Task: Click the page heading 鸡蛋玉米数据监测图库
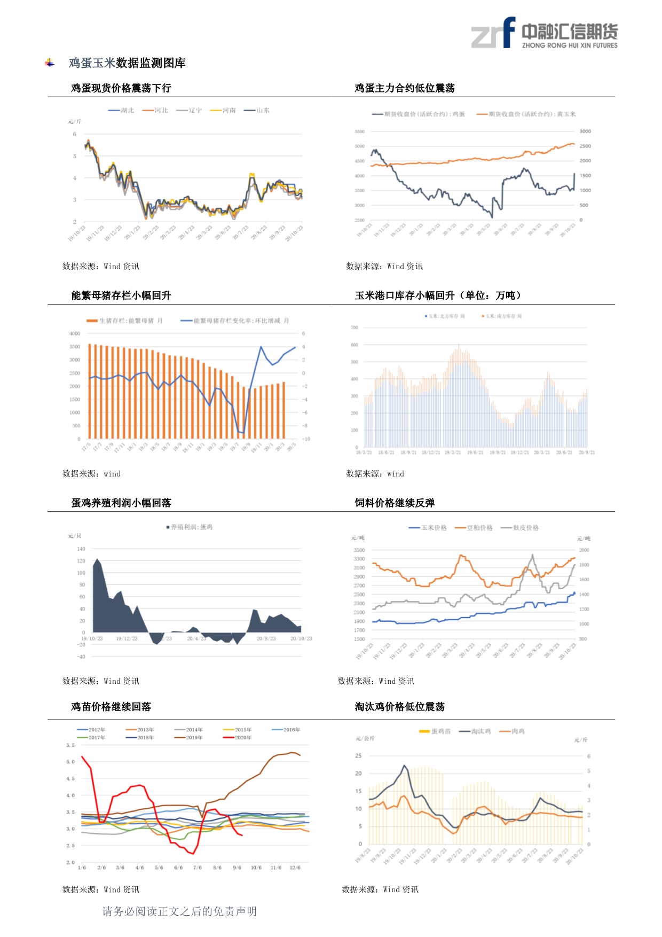tap(127, 63)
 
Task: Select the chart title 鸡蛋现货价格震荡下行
tap(121, 88)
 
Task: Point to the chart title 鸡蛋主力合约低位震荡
tap(405, 88)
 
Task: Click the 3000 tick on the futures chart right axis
tap(585, 131)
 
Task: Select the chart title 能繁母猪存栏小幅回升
tap(121, 295)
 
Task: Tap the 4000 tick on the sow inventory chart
tap(75, 333)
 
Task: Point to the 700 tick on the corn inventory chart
tap(354, 327)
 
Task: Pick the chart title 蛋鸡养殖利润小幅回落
tap(121, 503)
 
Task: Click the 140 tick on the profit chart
tap(81, 549)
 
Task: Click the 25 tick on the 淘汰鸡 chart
tap(358, 756)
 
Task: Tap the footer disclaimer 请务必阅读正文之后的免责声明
tap(179, 911)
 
